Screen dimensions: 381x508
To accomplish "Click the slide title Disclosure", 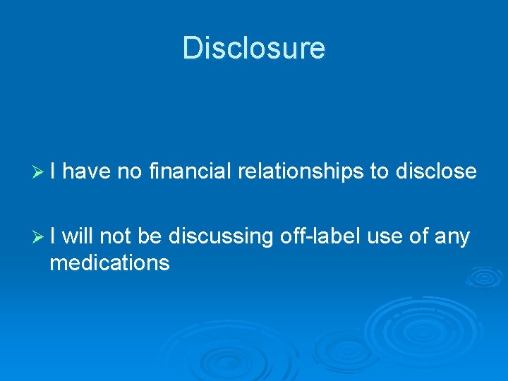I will point(254,49).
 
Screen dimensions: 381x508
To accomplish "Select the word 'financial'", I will point(190,171).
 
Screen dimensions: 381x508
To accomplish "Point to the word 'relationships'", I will point(301,171).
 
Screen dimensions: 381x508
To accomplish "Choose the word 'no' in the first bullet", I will point(130,171).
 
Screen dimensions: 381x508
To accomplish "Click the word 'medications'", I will point(109,263).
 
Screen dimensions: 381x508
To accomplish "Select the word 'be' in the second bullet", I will point(150,236).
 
